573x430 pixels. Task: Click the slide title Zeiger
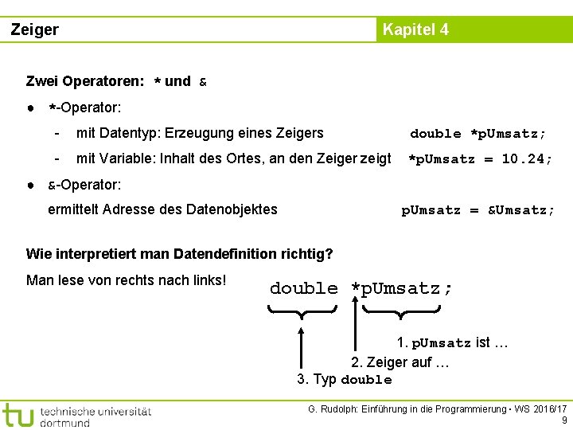pos(35,30)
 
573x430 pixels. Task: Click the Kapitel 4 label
pos(415,30)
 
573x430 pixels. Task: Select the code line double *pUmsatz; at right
pos(477,133)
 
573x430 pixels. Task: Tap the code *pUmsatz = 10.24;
pos(480,158)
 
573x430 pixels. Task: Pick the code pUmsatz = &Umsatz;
pos(478,210)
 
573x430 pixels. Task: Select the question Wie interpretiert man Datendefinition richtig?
pos(179,255)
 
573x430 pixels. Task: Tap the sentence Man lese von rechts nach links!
pos(127,280)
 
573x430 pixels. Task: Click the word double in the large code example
pos(304,288)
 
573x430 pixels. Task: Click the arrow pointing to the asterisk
pos(355,326)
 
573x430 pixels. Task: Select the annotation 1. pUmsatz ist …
pos(453,343)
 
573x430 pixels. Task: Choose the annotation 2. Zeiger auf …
pos(400,362)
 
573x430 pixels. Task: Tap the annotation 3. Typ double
pos(345,379)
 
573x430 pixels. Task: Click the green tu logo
pos(18,414)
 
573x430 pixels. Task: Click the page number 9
pos(564,420)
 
